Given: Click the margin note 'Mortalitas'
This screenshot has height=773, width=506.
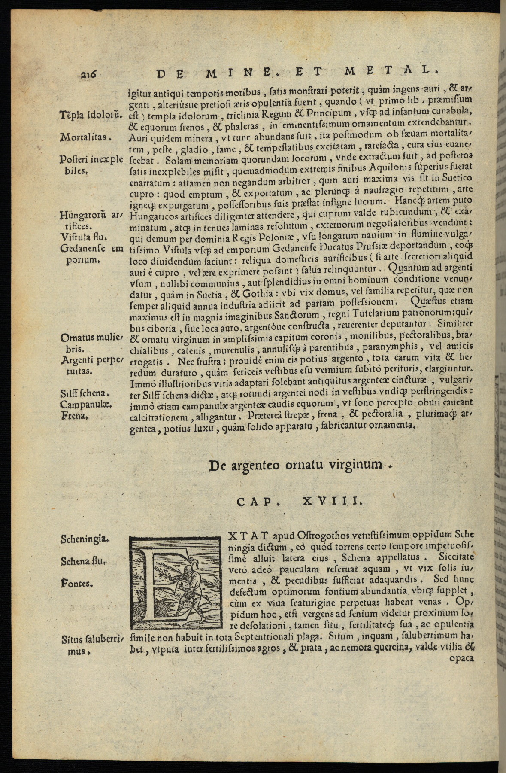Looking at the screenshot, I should (x=84, y=138).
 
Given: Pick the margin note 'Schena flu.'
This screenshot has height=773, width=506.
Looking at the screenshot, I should (x=83, y=561).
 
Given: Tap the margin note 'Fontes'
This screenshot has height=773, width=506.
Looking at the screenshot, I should (x=77, y=584).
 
